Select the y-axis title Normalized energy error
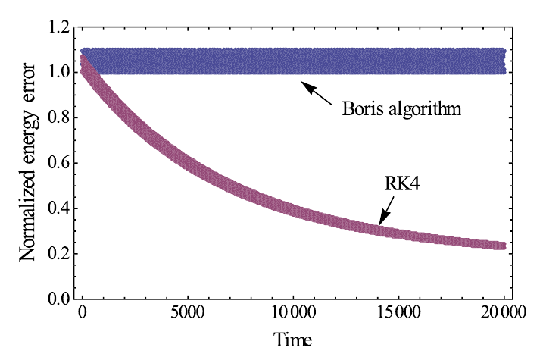pyautogui.click(x=28, y=162)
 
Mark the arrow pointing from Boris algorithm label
pyautogui.click(x=318, y=94)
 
